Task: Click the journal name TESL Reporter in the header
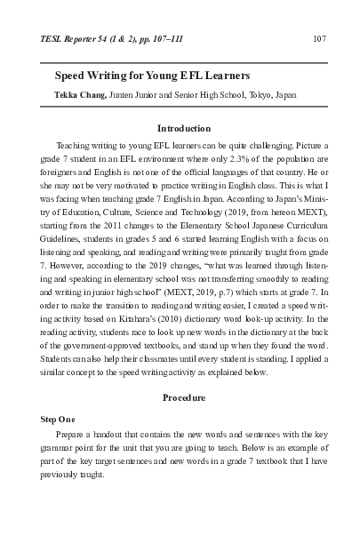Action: click(x=70, y=39)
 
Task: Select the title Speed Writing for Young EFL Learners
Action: click(x=152, y=76)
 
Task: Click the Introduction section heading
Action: click(x=184, y=128)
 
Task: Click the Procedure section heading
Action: click(x=184, y=396)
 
